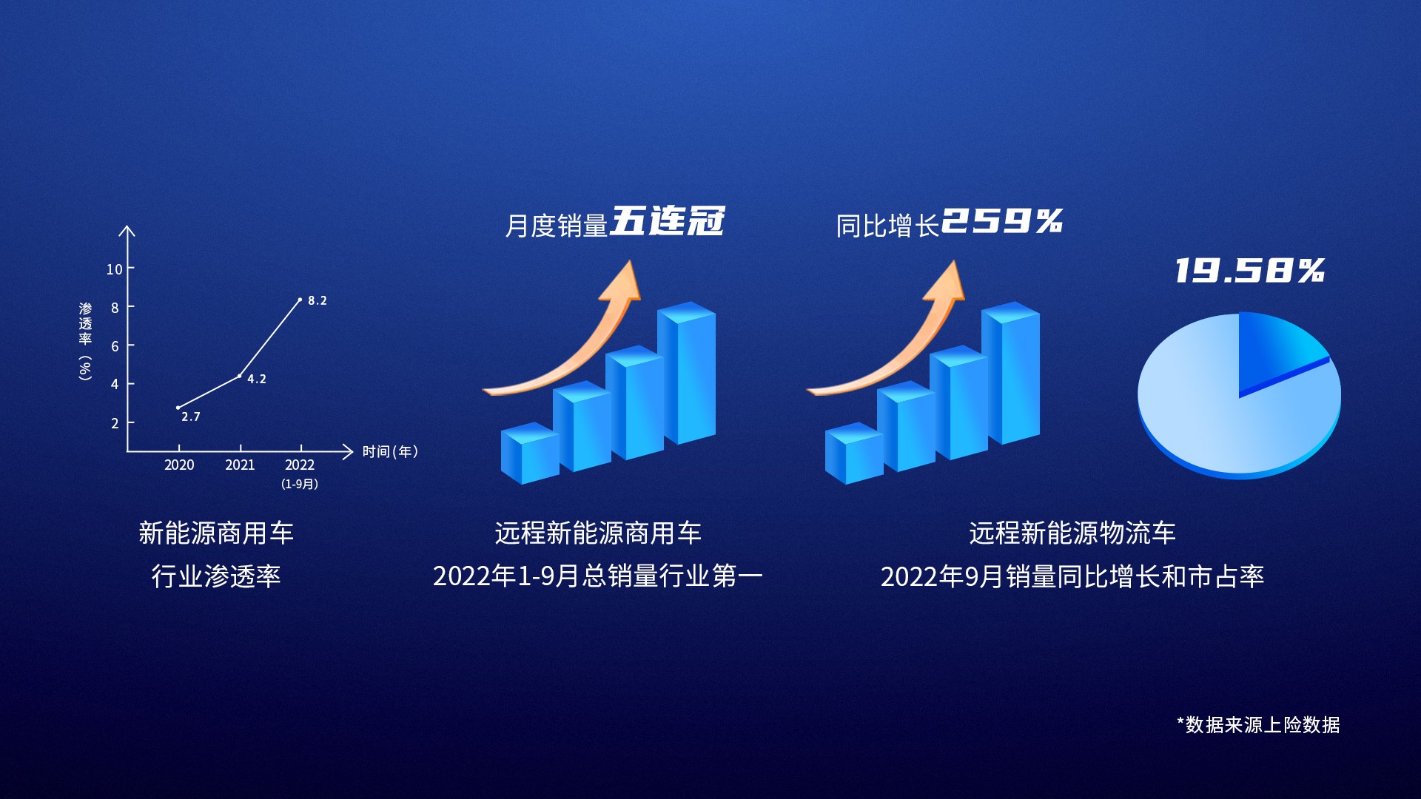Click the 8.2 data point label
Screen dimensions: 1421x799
tap(318, 300)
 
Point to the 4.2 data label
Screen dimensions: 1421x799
tap(257, 379)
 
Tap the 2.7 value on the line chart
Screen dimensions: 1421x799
tap(191, 417)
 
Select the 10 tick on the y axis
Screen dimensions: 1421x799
tap(114, 269)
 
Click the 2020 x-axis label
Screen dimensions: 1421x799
tap(179, 465)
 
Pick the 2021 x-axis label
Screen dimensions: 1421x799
tap(240, 465)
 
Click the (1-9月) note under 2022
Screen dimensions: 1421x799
tap(300, 484)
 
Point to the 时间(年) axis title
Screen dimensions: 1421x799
tap(390, 451)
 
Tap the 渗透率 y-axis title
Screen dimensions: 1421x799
tap(86, 323)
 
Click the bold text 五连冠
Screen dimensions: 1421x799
tap(667, 221)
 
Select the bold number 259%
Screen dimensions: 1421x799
tap(1002, 221)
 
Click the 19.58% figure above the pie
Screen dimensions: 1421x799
tap(1250, 271)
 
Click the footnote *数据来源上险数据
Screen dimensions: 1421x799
tap(1258, 724)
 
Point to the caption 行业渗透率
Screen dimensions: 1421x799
tap(216, 576)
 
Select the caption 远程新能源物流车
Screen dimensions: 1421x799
tap(1072, 533)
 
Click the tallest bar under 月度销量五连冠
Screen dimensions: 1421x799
tap(687, 373)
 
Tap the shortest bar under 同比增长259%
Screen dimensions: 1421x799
tap(854, 453)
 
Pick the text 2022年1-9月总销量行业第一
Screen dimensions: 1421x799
tap(598, 576)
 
